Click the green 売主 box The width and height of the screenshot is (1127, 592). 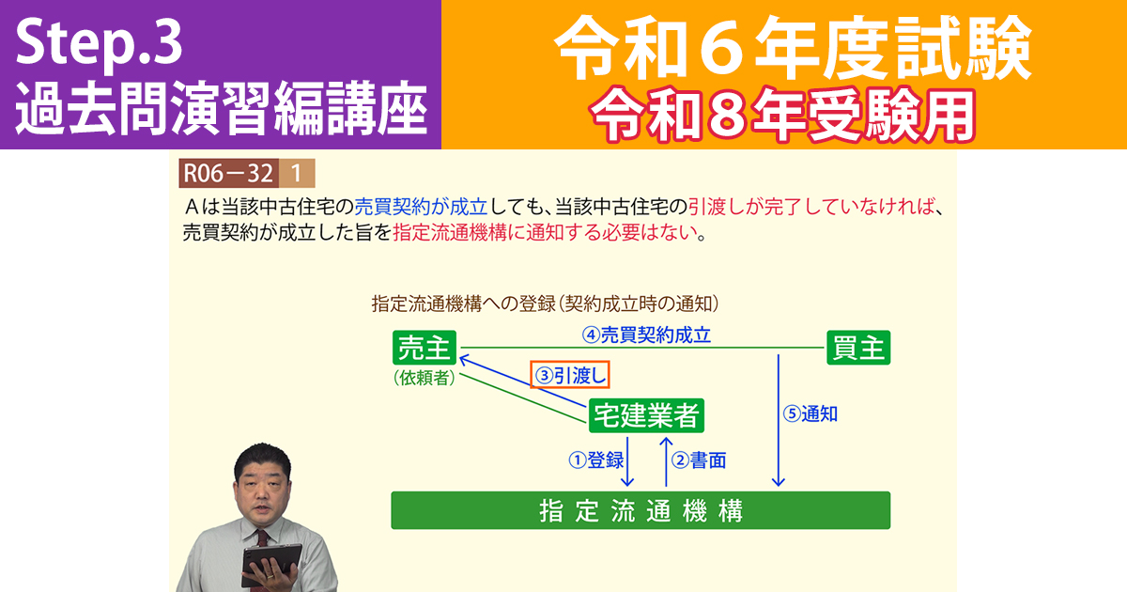click(425, 349)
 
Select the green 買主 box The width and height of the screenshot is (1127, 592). click(858, 349)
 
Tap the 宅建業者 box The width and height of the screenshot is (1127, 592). click(647, 414)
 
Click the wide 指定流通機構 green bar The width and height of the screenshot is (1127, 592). click(641, 510)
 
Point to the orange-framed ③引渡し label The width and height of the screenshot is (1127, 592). click(570, 376)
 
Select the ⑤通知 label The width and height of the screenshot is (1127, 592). click(812, 413)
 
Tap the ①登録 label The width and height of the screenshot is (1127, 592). click(596, 460)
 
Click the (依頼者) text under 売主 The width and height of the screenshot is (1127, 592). click(425, 378)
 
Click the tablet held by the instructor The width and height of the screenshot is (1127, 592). click(269, 562)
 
